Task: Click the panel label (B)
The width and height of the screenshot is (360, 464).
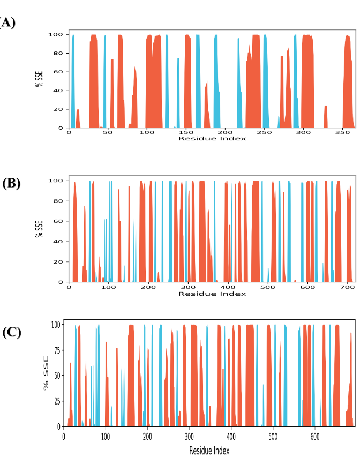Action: coord(11,183)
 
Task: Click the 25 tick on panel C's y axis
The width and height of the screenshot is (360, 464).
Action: coord(56,401)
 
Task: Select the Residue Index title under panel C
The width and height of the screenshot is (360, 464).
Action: coord(209,451)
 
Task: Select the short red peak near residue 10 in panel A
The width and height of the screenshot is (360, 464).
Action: coord(78,118)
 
